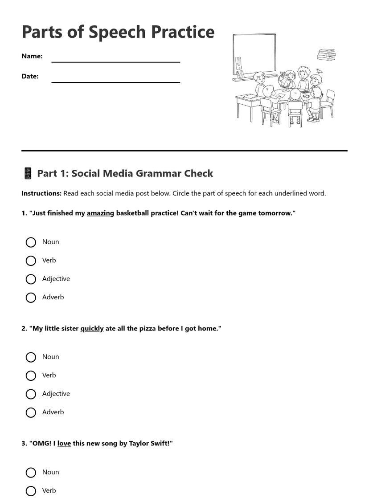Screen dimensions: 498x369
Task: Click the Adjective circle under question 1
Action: tap(31, 279)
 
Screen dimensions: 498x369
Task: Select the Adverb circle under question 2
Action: tap(31, 413)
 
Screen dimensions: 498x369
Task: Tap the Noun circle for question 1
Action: tap(31, 242)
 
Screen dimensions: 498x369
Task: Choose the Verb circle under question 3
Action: tap(31, 491)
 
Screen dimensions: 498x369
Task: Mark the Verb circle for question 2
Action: tap(31, 376)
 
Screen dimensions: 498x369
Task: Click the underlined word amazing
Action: tap(100, 213)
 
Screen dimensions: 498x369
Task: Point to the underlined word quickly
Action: tap(92, 329)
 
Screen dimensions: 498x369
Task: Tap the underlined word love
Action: tap(64, 444)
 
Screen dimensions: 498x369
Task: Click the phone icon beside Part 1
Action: tap(28, 173)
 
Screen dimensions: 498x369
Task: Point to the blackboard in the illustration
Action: tap(254, 53)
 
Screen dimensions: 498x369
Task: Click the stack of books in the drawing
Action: tap(326, 55)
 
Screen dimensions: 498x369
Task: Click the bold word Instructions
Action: tap(41, 193)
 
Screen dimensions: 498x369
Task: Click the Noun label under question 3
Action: tap(50, 472)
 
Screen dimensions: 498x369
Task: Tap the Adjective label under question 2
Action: tap(56, 394)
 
